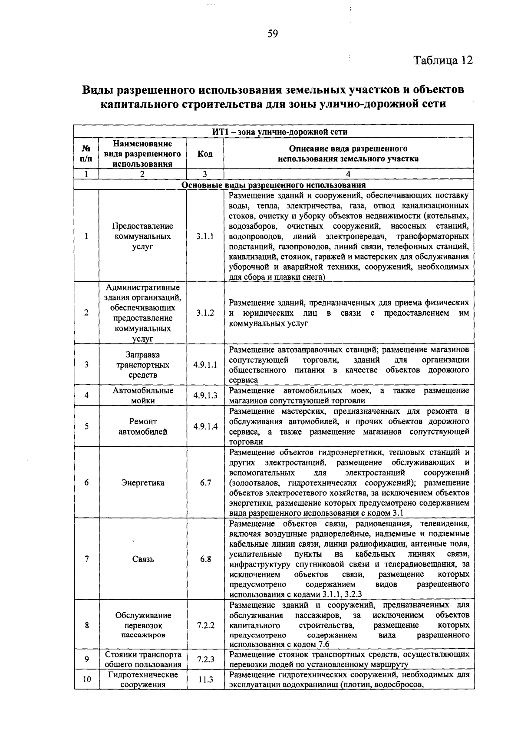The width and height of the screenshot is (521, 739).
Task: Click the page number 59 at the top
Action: pos(273,34)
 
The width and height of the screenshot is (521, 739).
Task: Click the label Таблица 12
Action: pos(442,60)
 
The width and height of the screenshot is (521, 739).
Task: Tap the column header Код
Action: pos(205,154)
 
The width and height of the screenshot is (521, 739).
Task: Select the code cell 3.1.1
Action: pos(205,237)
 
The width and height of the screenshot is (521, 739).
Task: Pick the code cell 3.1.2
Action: pos(205,313)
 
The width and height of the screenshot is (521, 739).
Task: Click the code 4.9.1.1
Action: pos(205,365)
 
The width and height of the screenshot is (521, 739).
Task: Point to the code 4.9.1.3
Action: pos(205,396)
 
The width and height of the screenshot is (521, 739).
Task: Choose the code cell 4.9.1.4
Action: pos(205,426)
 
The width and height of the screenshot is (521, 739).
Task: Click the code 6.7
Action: pos(205,483)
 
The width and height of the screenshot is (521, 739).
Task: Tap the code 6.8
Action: pos(205,559)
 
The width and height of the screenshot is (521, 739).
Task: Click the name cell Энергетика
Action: pos(143,483)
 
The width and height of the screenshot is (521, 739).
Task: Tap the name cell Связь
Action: pos(143,559)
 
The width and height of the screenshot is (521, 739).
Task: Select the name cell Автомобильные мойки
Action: pos(143,396)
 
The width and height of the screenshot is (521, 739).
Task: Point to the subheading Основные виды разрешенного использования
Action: pos(273,185)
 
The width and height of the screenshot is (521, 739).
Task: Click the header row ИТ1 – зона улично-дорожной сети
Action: pos(273,132)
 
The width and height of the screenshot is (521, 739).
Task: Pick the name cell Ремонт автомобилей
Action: pos(143,426)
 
